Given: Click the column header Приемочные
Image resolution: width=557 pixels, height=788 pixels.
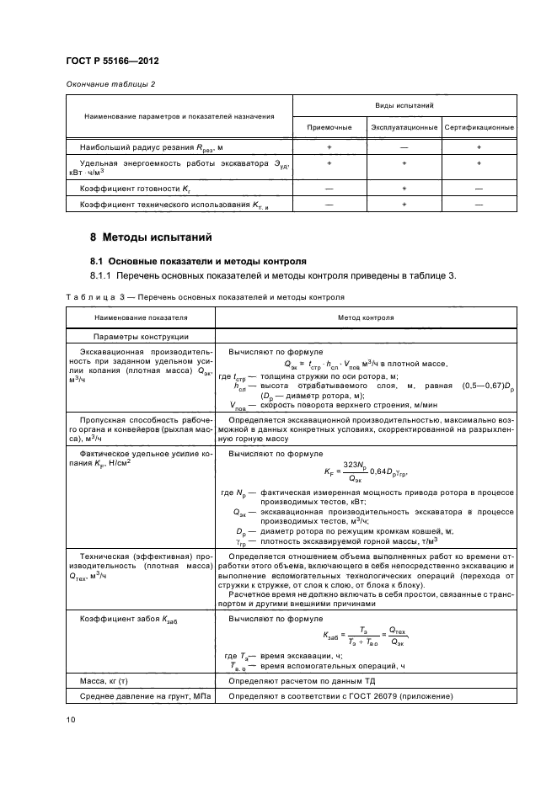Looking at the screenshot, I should pyautogui.click(x=329, y=127).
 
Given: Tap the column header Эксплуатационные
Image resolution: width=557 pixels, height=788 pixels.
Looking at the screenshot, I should pyautogui.click(x=404, y=127).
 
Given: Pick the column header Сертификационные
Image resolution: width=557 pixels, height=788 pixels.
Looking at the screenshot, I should pyautogui.click(x=479, y=127).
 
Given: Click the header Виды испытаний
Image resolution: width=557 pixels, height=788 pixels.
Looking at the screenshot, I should pyautogui.click(x=404, y=106).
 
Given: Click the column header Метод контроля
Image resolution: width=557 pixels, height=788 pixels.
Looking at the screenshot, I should pyautogui.click(x=367, y=318).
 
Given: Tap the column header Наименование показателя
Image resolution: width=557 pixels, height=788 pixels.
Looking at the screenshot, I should pyautogui.click(x=141, y=318).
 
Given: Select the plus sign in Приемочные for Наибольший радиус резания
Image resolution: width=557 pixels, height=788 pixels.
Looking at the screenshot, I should pyautogui.click(x=329, y=147).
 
